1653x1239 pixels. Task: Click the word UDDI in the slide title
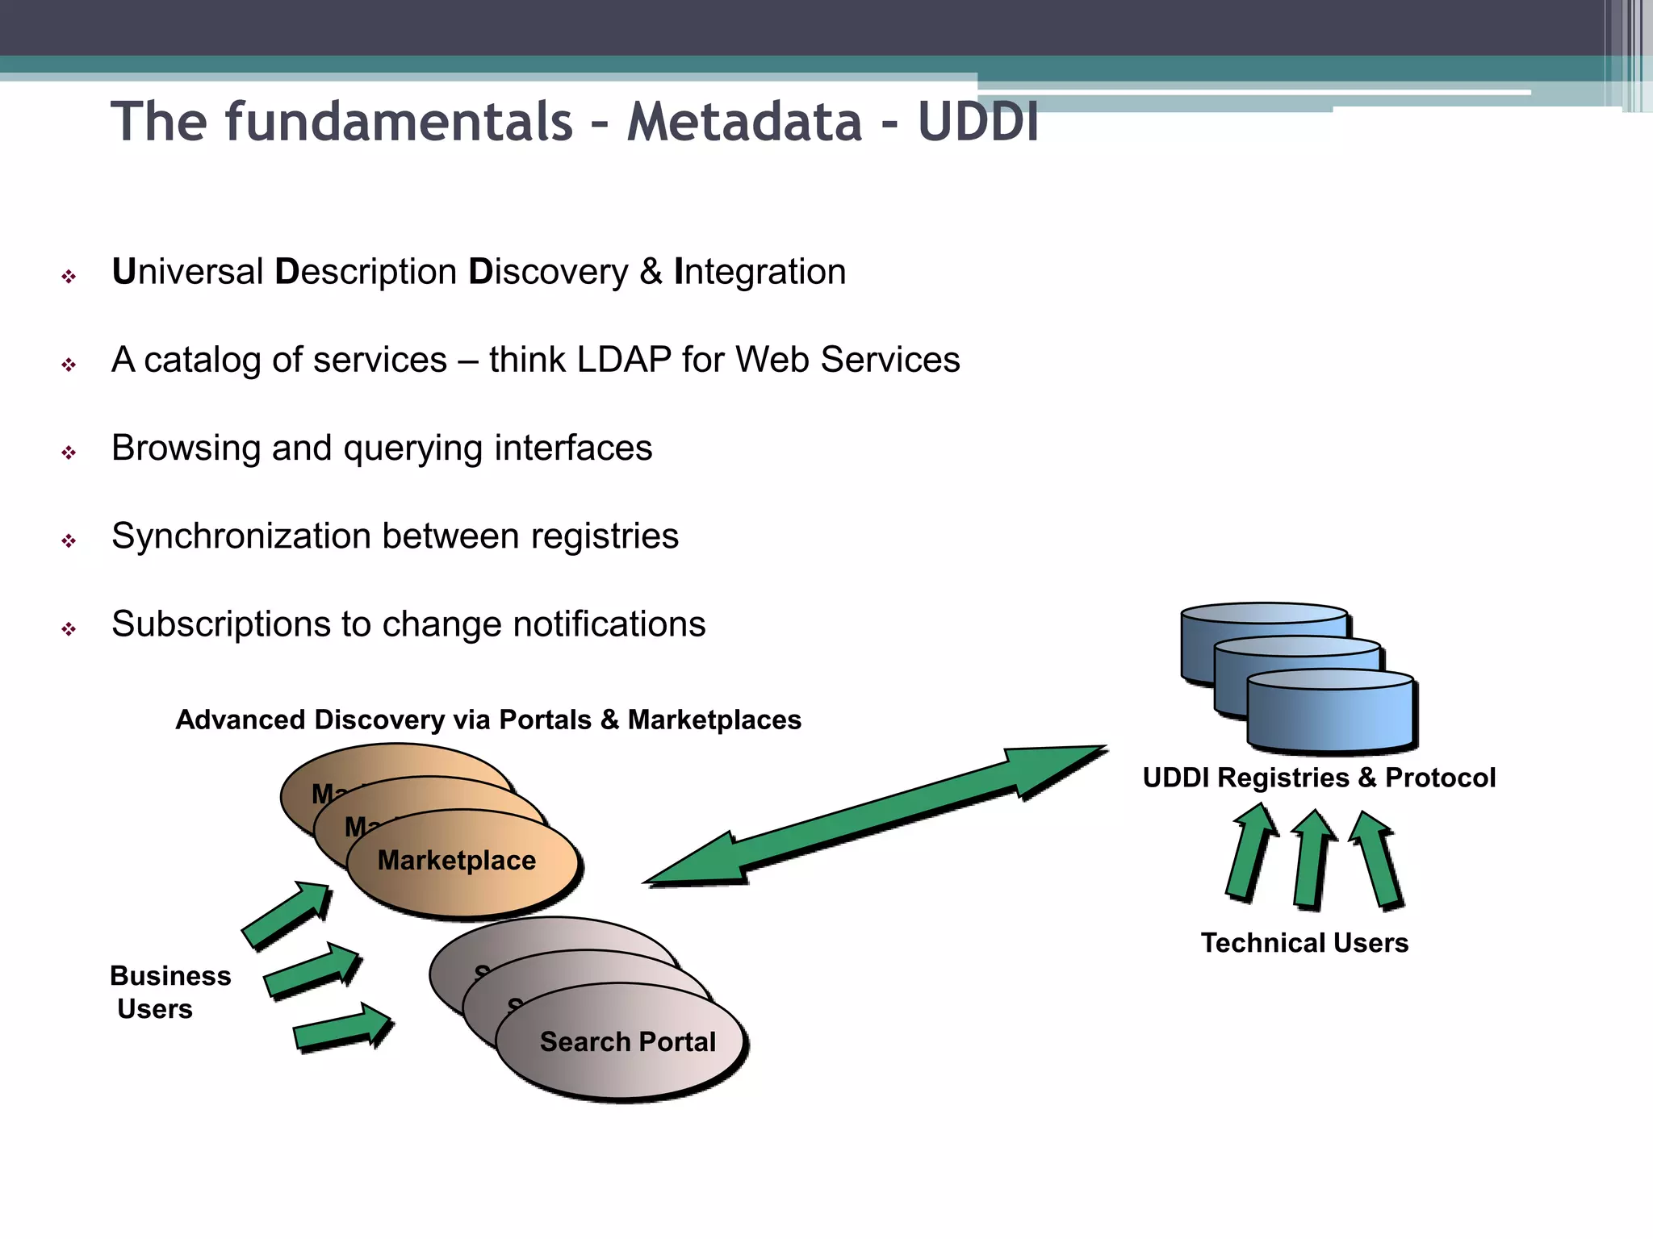pos(977,122)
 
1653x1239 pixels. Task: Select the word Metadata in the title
pos(744,122)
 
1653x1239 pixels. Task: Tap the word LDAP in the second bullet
pos(624,360)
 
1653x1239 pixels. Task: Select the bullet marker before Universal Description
pos(69,277)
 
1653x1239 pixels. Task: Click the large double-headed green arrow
pos(875,816)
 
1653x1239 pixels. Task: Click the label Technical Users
pos(1304,943)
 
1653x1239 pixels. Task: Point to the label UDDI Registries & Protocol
pos(1319,778)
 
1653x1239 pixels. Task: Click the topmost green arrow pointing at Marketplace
pos(287,916)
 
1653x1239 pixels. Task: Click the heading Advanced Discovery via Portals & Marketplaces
pos(488,720)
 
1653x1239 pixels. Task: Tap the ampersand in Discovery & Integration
pos(651,272)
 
